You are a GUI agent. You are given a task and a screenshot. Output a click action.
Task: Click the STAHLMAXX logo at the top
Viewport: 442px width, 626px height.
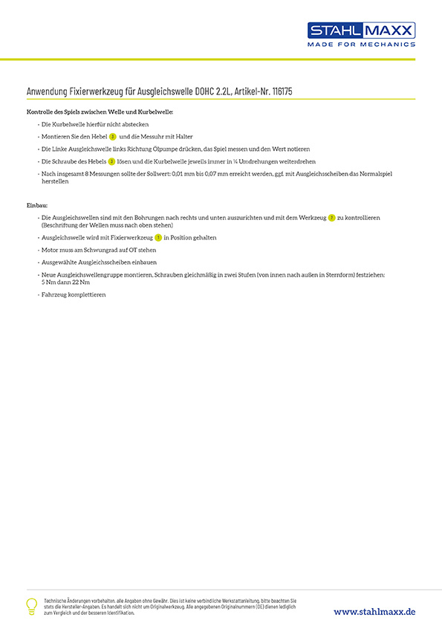click(362, 30)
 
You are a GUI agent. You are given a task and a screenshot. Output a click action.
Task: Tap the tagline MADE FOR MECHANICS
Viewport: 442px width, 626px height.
click(362, 45)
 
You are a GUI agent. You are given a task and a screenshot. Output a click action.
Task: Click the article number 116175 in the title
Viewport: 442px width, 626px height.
click(290, 91)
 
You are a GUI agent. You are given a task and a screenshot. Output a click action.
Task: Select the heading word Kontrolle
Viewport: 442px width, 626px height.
click(41, 112)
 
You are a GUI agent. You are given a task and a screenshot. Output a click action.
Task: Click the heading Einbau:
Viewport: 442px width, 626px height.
click(37, 205)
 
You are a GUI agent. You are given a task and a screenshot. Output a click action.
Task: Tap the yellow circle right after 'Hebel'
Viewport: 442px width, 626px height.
click(112, 137)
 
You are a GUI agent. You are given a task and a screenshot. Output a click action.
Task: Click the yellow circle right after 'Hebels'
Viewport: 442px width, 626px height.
click(111, 161)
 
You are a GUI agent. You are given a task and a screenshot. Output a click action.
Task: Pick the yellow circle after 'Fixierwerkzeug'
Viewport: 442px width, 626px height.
click(157, 237)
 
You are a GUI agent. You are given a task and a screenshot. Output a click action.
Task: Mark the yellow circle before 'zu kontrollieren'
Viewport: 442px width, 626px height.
click(331, 217)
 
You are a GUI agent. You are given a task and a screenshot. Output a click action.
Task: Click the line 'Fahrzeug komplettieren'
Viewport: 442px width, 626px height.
click(74, 294)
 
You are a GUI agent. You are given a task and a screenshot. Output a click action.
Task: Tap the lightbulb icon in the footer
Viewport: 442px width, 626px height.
click(31, 605)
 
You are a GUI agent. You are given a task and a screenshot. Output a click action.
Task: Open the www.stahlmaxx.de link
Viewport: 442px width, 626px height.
click(374, 611)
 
